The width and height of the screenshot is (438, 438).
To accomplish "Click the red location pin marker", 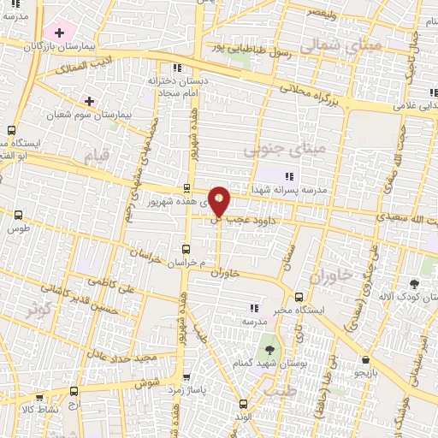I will pyautogui.click(x=220, y=201).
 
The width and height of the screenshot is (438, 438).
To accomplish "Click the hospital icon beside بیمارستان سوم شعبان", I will pyautogui.click(x=89, y=101).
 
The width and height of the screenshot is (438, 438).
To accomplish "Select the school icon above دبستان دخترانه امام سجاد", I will pyautogui.click(x=177, y=68).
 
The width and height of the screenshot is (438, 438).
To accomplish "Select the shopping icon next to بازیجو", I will pyautogui.click(x=366, y=360).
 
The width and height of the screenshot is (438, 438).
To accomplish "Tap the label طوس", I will pyautogui.click(x=17, y=229).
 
